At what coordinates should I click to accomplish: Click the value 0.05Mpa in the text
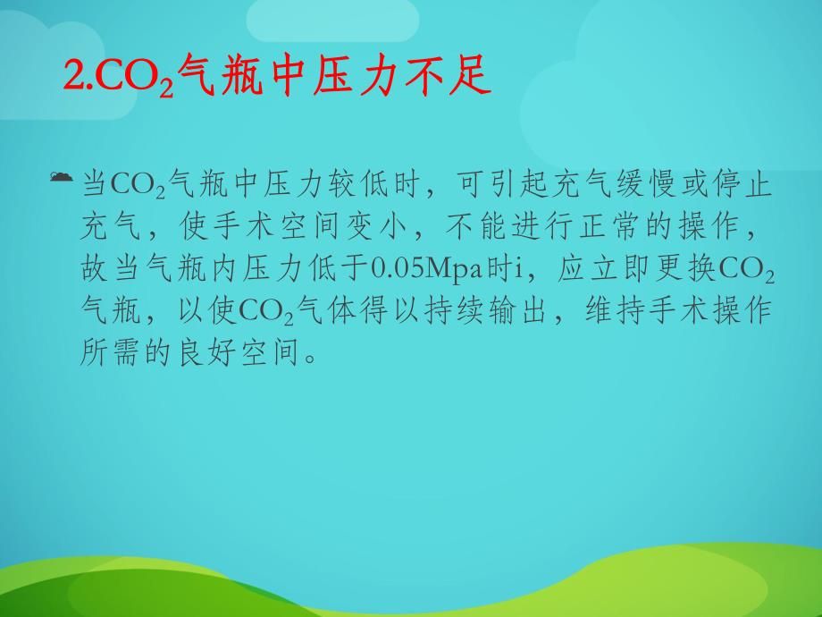419,268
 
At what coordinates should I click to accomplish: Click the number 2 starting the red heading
72,78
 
